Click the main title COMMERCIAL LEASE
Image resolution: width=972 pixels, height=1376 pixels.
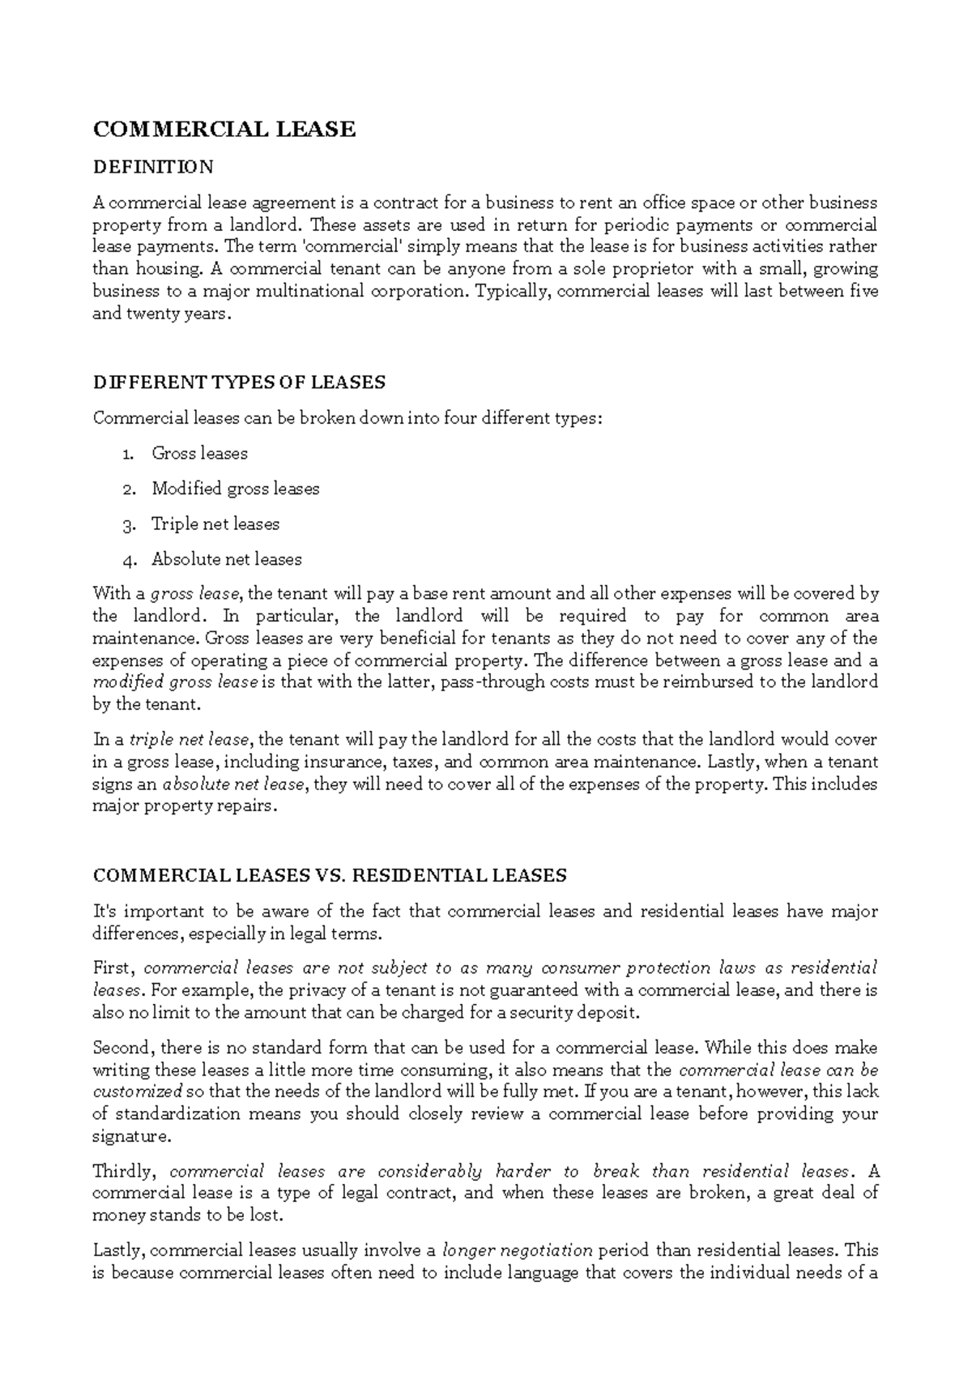point(224,129)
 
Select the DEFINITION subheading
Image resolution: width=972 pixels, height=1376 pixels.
point(153,167)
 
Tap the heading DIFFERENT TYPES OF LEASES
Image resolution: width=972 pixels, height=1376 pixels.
point(239,382)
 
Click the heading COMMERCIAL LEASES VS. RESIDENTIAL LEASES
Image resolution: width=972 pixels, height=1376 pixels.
point(330,875)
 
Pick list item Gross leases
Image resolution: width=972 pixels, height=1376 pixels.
point(199,453)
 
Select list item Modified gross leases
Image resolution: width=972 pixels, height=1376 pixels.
point(235,489)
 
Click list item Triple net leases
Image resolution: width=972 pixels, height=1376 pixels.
point(215,523)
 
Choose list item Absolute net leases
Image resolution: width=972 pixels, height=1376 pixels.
point(226,559)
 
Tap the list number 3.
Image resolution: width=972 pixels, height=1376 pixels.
point(128,524)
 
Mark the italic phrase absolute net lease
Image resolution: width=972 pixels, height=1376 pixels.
point(233,784)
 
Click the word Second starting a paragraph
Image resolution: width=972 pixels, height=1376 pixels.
point(122,1047)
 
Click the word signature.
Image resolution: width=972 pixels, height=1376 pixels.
point(132,1136)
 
